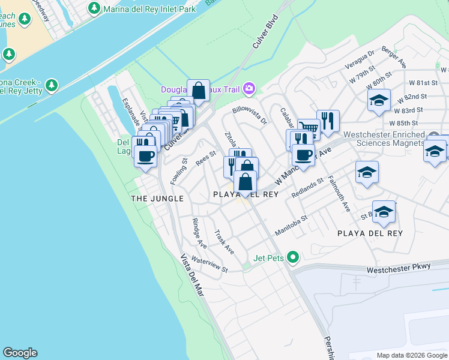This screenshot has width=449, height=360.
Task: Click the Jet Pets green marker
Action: [x=293, y=257]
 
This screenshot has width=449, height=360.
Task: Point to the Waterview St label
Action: [x=209, y=265]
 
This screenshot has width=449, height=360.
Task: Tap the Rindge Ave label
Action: [x=199, y=233]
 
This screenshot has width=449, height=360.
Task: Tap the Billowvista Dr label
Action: [x=250, y=115]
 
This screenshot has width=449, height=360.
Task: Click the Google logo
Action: [x=20, y=353]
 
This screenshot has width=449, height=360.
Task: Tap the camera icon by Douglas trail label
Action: [x=249, y=89]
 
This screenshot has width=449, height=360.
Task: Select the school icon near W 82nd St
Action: [x=379, y=100]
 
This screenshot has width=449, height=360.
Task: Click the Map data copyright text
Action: [x=411, y=355]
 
